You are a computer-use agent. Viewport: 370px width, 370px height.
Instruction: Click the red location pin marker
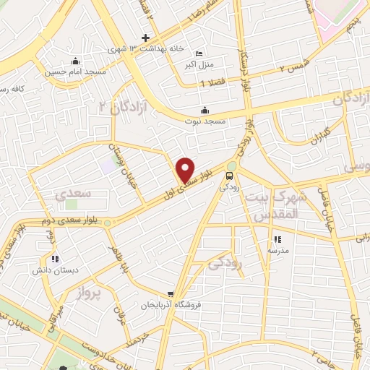(186, 170)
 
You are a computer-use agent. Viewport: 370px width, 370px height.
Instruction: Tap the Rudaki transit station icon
(230, 175)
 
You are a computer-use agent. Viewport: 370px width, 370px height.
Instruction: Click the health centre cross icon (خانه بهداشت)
(145, 38)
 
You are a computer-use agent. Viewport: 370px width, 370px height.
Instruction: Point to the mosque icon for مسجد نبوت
(205, 110)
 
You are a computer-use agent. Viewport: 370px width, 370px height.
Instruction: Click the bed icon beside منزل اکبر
(199, 53)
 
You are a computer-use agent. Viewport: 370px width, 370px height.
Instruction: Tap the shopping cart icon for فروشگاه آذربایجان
(170, 293)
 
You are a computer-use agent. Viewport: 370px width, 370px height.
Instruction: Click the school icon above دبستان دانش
(55, 258)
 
